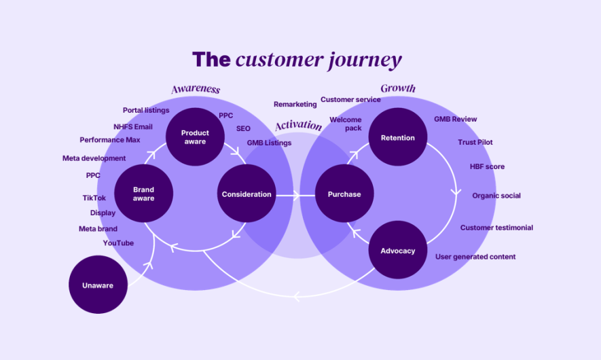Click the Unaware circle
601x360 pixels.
click(x=98, y=285)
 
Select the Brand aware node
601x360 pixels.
click(x=144, y=194)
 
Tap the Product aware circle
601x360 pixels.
click(x=195, y=137)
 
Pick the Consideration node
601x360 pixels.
click(x=247, y=194)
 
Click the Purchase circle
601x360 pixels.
click(x=344, y=194)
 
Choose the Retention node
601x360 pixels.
click(x=398, y=137)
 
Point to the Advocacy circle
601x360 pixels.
click(x=398, y=250)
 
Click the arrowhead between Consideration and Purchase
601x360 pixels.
click(x=297, y=196)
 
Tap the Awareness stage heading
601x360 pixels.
click(x=196, y=89)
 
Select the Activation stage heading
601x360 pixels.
click(x=299, y=126)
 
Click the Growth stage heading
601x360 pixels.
click(x=398, y=88)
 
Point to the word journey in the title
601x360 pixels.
click(x=365, y=60)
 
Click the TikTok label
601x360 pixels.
click(x=94, y=198)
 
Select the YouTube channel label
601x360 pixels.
click(x=118, y=243)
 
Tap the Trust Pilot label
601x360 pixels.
click(x=475, y=142)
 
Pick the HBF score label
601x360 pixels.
click(x=487, y=167)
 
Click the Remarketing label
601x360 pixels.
click(x=295, y=105)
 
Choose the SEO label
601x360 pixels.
click(x=243, y=128)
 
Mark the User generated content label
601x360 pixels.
click(x=475, y=257)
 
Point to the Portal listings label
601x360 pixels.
click(x=146, y=111)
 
